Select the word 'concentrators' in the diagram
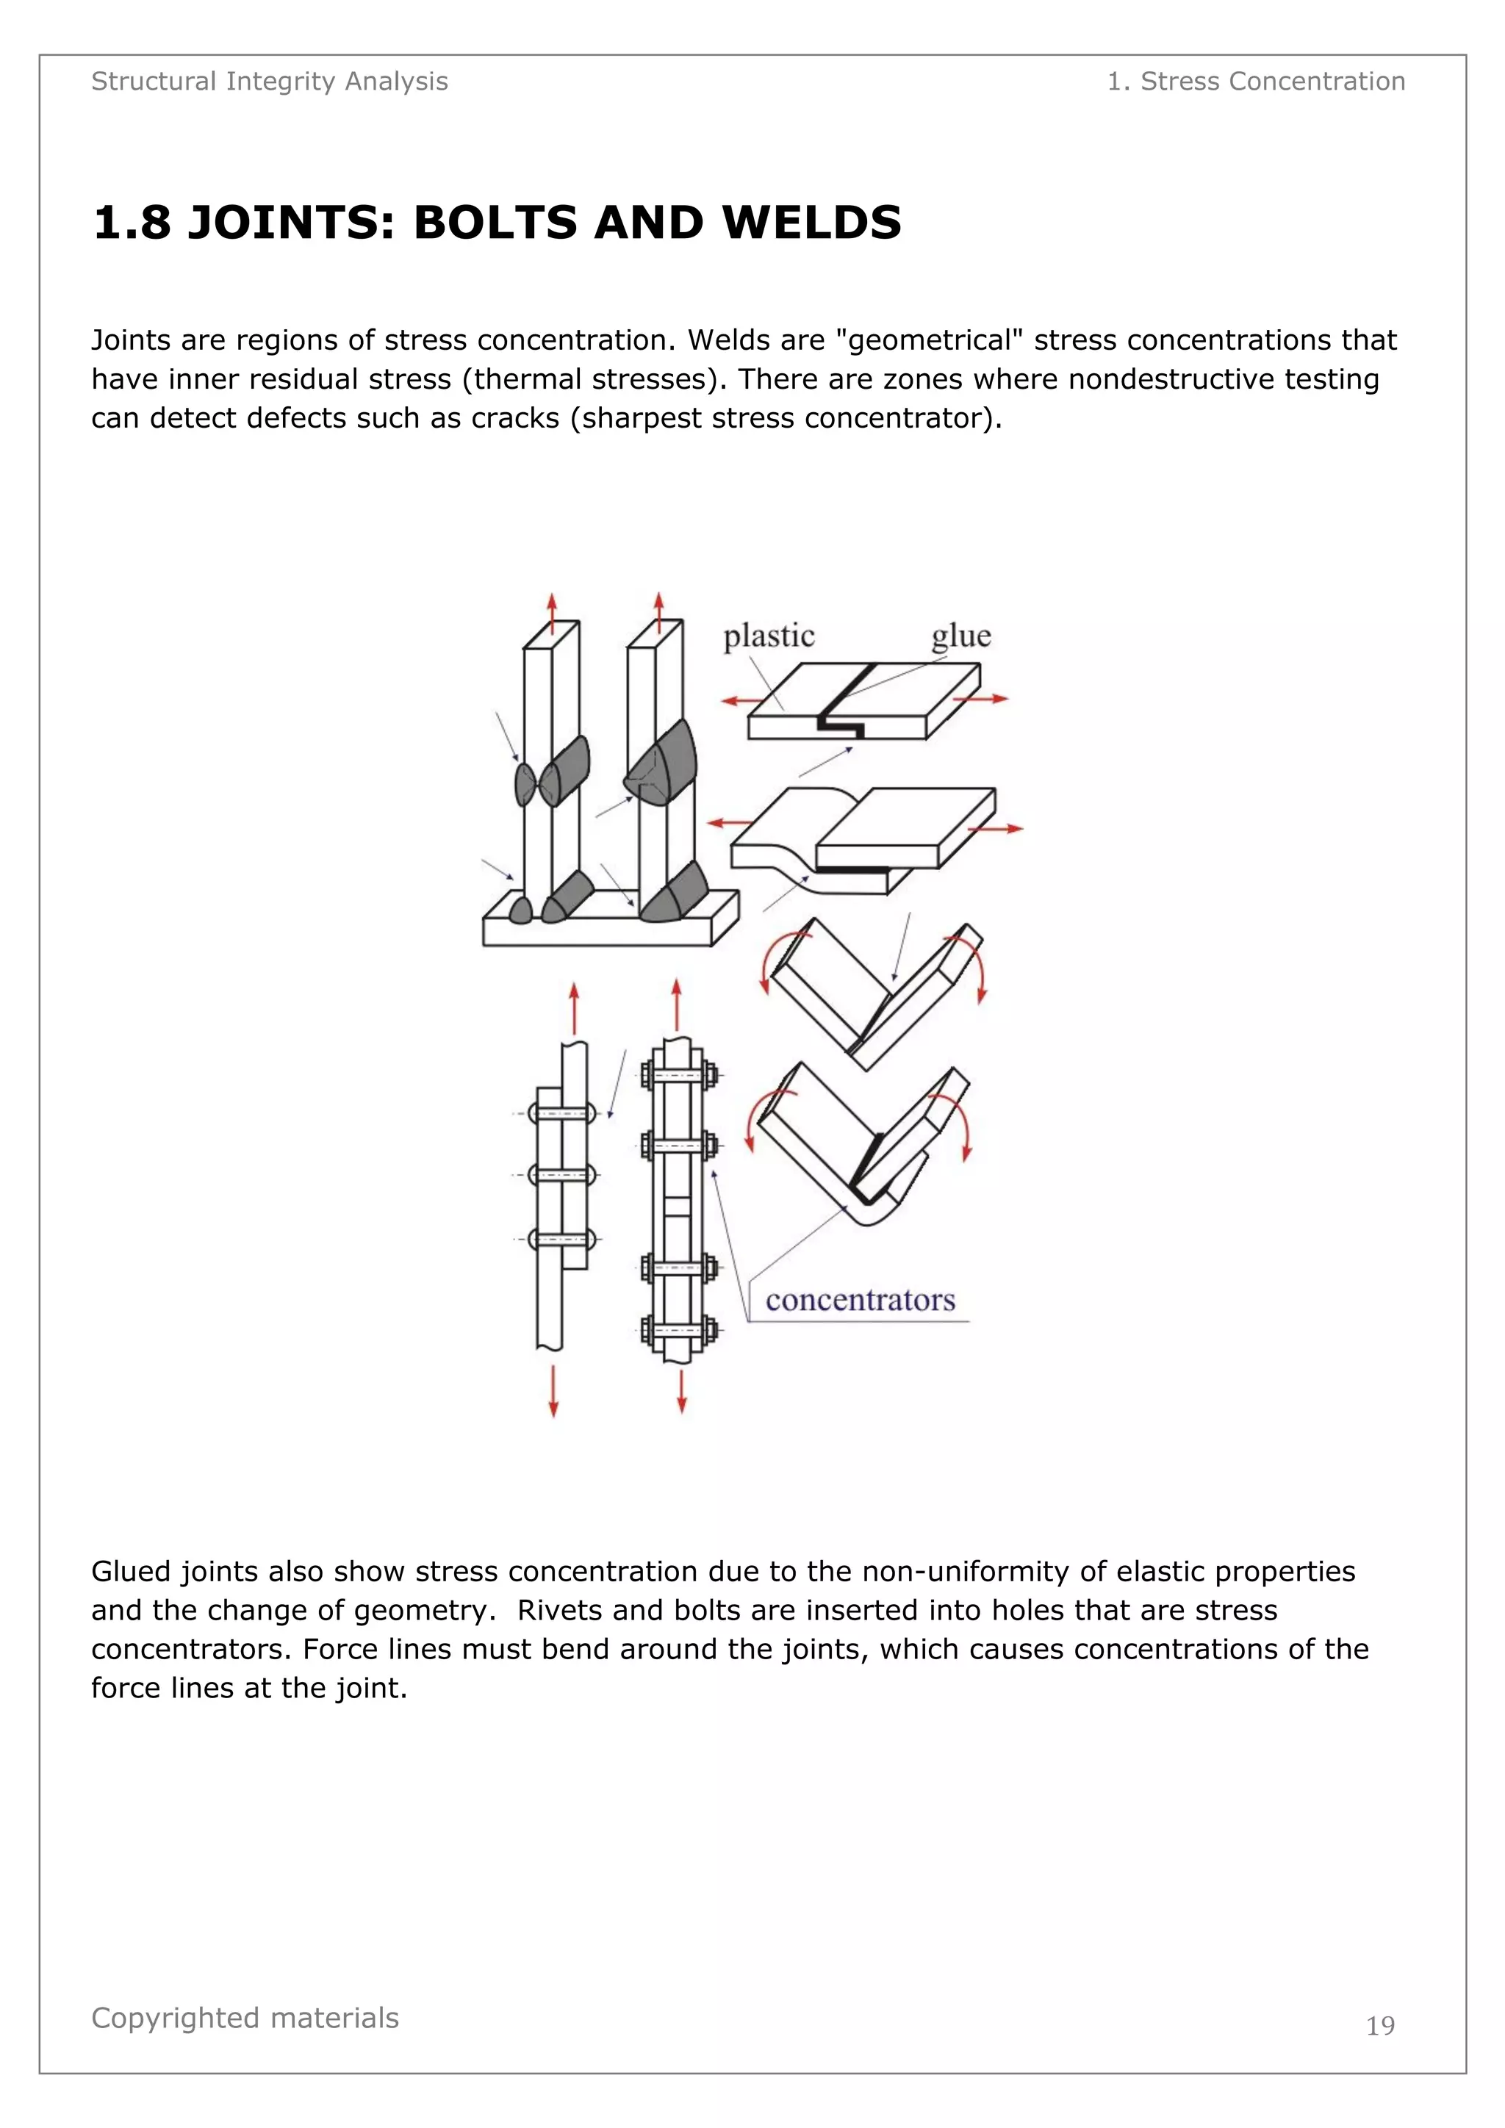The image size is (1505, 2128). (860, 1301)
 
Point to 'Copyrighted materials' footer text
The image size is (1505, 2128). (245, 2018)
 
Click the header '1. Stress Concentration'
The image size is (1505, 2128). (1256, 82)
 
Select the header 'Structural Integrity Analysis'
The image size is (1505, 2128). (270, 82)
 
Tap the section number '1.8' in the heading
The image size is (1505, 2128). (132, 223)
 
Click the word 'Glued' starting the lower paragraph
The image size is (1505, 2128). (131, 1572)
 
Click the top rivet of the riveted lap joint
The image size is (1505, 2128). (561, 1113)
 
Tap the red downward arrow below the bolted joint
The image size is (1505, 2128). (682, 1390)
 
